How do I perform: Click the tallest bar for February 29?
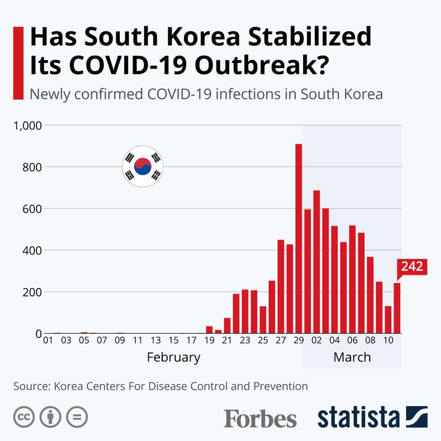(299, 239)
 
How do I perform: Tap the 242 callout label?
(412, 266)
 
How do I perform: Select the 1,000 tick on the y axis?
(28, 125)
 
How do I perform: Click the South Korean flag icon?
(142, 167)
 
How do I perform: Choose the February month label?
(174, 357)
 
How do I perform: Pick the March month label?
(352, 357)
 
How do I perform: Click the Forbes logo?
(260, 418)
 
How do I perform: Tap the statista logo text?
(358, 417)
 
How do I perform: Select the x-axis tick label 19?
(209, 340)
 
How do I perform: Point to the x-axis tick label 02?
(317, 340)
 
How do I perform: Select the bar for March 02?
(317, 262)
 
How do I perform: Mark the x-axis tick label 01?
(48, 340)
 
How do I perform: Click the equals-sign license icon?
(77, 417)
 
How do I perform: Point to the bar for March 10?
(388, 319)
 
